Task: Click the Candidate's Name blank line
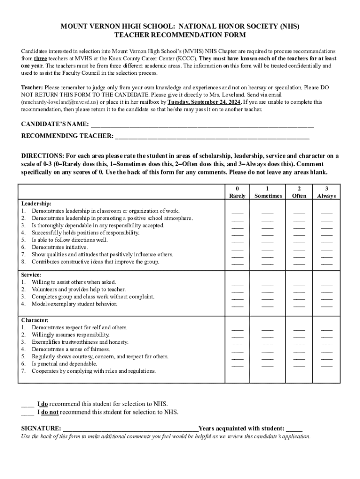click(x=202, y=124)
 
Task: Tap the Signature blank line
click(x=130, y=428)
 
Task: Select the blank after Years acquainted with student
click(x=294, y=428)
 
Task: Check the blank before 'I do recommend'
click(x=27, y=404)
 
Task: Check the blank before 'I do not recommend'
click(x=27, y=413)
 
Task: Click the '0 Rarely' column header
click(x=238, y=192)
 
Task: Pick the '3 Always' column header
click(x=326, y=192)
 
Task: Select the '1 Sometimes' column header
click(x=268, y=192)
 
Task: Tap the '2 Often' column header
click(x=299, y=192)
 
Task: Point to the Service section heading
click(x=31, y=275)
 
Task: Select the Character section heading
click(x=35, y=320)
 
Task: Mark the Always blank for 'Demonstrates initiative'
click(x=326, y=248)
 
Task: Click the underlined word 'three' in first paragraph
click(x=40, y=58)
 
